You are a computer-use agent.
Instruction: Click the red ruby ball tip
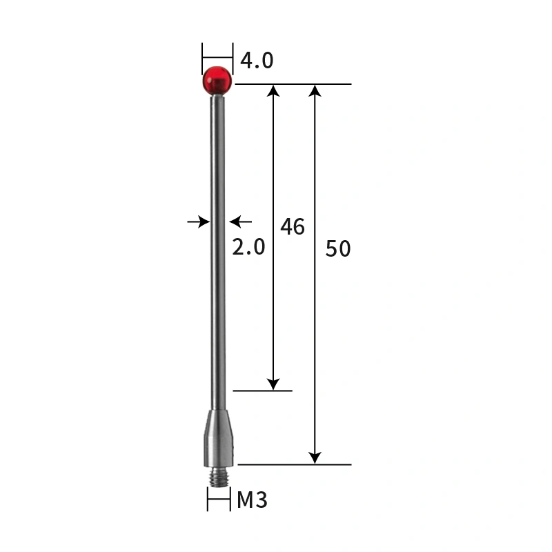[217, 81]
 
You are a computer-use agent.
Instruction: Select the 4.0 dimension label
[257, 61]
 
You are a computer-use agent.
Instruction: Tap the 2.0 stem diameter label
[248, 246]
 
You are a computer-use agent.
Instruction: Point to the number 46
[293, 226]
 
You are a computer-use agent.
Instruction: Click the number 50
[338, 248]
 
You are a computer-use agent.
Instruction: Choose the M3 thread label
[252, 500]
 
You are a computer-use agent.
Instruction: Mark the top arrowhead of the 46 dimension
[274, 91]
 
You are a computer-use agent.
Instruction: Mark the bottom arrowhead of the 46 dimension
[274, 384]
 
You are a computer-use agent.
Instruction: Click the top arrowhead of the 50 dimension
[315, 91]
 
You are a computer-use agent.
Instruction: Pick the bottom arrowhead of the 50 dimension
[315, 457]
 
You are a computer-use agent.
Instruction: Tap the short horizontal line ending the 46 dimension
[263, 391]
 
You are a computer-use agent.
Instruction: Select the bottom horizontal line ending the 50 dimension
[294, 464]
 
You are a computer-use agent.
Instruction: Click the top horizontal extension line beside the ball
[294, 84]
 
